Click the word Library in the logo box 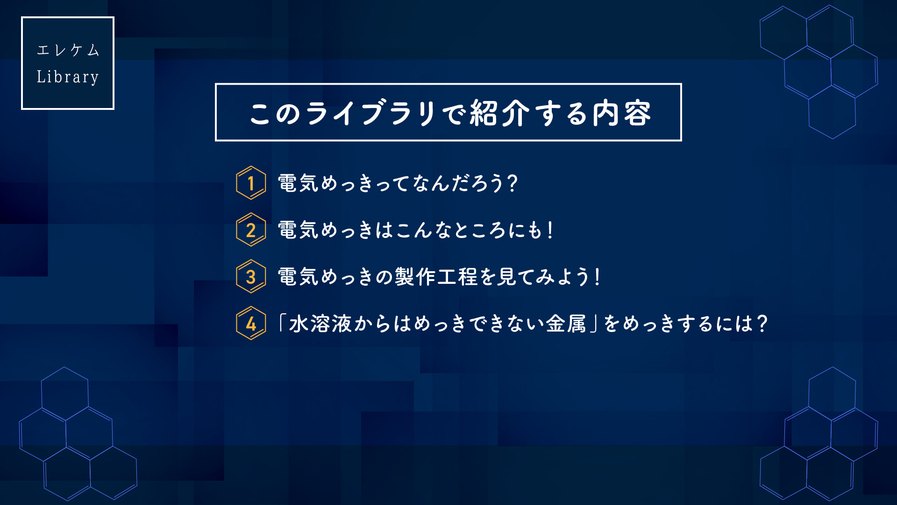point(68,77)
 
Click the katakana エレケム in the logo point(68,50)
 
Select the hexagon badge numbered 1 point(251,183)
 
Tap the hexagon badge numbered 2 point(251,230)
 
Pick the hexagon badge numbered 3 point(251,276)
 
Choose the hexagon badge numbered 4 point(251,323)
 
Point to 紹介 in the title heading point(499,113)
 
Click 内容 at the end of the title point(622,113)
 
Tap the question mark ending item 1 point(512,183)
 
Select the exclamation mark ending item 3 point(597,276)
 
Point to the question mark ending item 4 point(762,323)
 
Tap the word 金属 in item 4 point(566,323)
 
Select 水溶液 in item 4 point(320,323)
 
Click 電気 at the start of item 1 point(298,183)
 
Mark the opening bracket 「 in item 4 point(282,323)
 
